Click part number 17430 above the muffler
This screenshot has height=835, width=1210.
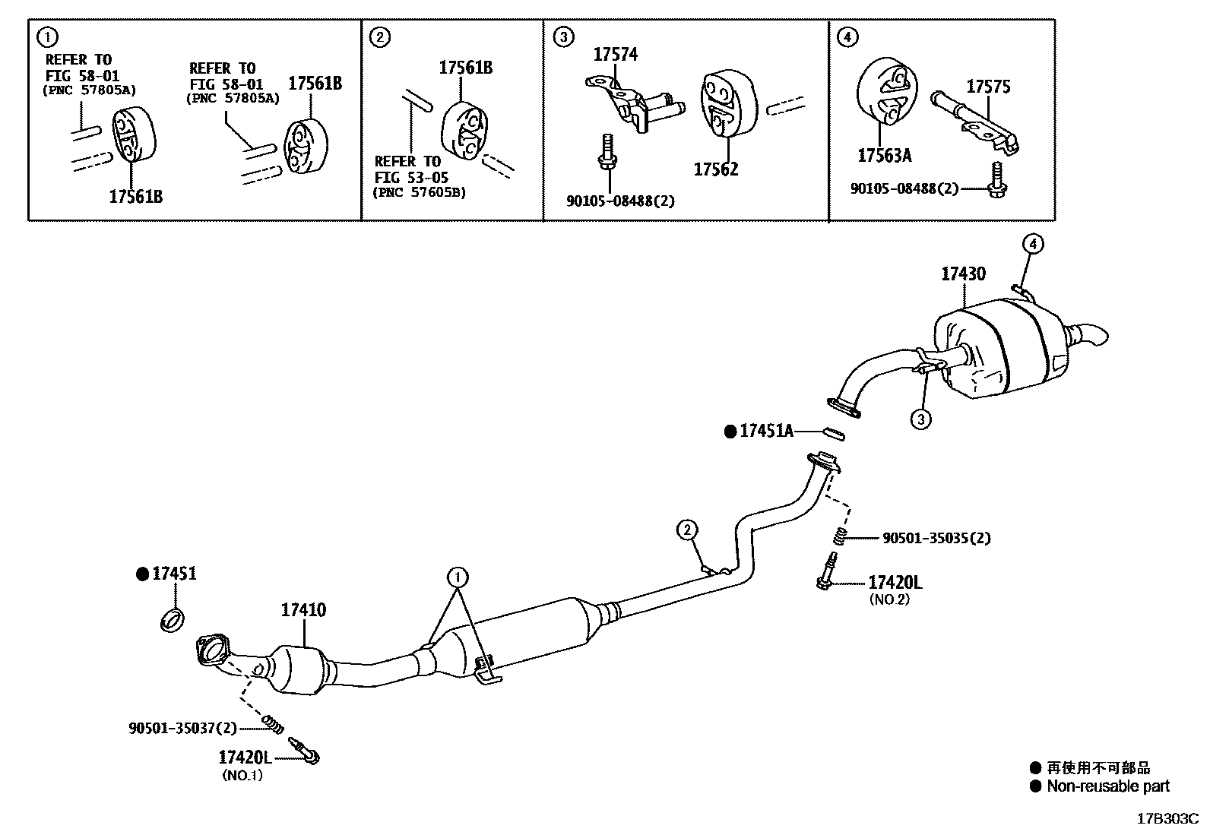pos(963,274)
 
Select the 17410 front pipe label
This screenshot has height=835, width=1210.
pos(303,609)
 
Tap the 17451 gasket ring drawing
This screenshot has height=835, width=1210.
pos(174,619)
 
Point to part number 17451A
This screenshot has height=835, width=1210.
pos(766,432)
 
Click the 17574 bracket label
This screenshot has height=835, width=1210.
pos(615,54)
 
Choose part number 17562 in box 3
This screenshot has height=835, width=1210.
pos(715,169)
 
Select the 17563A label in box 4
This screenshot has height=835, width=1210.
pos(884,156)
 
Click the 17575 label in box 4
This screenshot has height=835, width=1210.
pos(988,87)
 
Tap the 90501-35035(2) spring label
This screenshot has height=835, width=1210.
pos(936,538)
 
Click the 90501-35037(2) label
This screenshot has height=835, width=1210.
pos(182,729)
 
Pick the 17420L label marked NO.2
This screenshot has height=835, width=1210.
pos(895,583)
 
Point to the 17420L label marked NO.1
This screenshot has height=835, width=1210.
pos(245,758)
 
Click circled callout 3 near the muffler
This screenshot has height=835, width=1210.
pos(920,419)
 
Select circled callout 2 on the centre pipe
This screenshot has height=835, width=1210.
pos(686,530)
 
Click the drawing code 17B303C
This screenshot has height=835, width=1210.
pos(1167,819)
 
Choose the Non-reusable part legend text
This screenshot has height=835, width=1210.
pos(1107,786)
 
